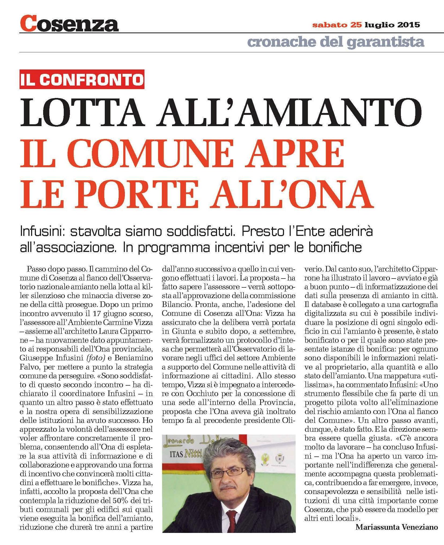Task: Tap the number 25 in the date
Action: (356, 25)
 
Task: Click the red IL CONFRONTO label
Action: (82, 79)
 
